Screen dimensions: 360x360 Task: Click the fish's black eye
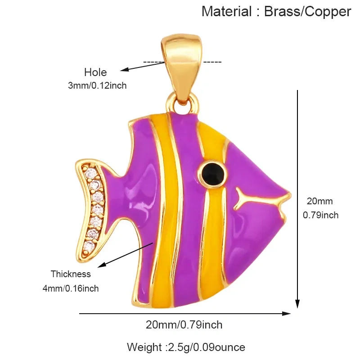point(212,174)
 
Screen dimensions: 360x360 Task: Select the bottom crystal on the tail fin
point(89,246)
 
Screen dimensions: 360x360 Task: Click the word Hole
point(95,72)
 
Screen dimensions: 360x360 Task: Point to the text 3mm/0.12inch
point(97,85)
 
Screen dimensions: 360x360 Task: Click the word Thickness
point(71,274)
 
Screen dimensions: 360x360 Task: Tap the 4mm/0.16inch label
point(71,288)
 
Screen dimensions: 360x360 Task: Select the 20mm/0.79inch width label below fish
point(184,325)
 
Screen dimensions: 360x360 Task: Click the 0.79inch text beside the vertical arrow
point(321,215)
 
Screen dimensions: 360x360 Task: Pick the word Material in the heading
point(227,11)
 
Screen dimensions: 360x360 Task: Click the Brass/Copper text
point(308,12)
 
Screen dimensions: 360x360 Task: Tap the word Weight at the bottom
point(144,347)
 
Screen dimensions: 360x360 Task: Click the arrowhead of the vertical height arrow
point(297,303)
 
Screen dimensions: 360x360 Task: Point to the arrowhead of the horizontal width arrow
point(286,314)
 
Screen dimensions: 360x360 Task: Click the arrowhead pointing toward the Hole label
point(124,69)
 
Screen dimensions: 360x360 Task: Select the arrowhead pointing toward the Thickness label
point(102,265)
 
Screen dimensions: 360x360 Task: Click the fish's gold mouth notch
point(284,204)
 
